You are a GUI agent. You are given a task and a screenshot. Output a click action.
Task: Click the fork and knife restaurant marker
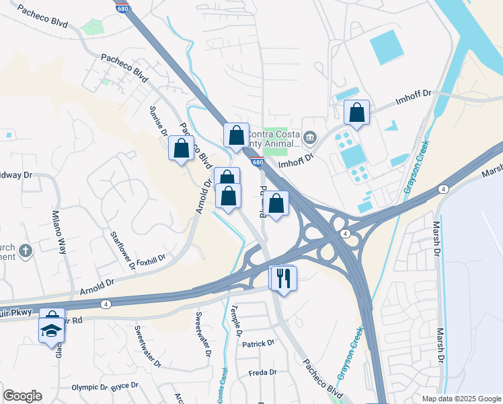(x=283, y=277)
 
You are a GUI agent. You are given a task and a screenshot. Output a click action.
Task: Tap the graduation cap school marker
(x=51, y=330)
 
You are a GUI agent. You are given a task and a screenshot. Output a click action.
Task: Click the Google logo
(x=22, y=396)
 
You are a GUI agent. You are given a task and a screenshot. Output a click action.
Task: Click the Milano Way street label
(x=61, y=232)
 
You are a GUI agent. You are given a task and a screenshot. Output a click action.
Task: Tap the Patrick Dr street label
(x=259, y=343)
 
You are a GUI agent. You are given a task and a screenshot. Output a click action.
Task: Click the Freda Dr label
(x=262, y=372)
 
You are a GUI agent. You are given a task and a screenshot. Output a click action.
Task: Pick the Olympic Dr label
(x=89, y=388)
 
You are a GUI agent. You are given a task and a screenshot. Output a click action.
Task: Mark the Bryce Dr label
(x=124, y=386)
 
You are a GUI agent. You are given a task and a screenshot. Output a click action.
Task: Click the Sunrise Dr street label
(x=159, y=121)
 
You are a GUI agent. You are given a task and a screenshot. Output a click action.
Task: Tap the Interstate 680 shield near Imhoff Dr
(x=258, y=162)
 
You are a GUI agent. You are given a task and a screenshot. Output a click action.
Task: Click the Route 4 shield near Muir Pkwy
(x=106, y=304)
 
